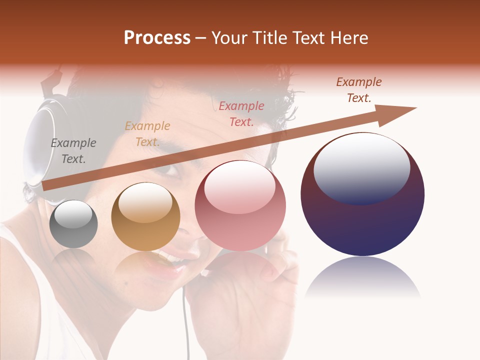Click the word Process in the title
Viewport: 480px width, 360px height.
[157, 38]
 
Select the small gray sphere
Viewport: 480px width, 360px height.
[73, 224]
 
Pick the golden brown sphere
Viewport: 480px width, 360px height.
[145, 216]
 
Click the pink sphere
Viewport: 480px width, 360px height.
[240, 205]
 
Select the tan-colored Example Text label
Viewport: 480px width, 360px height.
[147, 134]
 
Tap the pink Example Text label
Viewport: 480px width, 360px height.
[241, 113]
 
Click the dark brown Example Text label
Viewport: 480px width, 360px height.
[359, 90]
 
